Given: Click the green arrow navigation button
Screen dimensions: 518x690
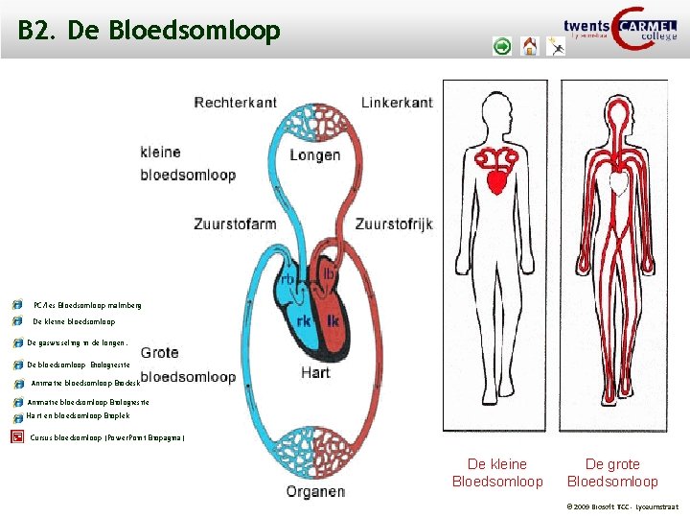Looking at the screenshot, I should [x=502, y=46].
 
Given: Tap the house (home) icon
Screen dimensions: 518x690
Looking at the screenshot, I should [x=530, y=46].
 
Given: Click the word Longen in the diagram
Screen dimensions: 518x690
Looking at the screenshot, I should [x=314, y=154].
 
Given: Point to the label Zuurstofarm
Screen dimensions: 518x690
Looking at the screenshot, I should [x=235, y=224].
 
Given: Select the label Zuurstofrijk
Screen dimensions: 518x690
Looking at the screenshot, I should [x=394, y=224].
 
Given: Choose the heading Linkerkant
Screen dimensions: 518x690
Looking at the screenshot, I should [x=397, y=102].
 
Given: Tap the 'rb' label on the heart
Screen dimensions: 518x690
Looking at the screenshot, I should [x=287, y=279].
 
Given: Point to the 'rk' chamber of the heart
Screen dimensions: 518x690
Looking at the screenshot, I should [x=302, y=320].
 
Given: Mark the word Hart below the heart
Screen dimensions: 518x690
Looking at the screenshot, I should [x=315, y=372].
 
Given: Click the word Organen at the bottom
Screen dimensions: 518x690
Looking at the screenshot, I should [x=315, y=492].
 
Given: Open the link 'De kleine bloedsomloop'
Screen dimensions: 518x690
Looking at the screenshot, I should [x=74, y=322].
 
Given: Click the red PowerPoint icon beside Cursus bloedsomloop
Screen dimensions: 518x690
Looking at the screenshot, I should [x=17, y=437].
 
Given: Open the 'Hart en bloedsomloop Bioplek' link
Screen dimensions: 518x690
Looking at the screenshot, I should [x=72, y=418].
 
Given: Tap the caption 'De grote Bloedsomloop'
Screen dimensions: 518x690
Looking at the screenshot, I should [x=612, y=473].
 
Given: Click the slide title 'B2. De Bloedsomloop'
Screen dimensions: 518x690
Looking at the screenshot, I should [x=149, y=32].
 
